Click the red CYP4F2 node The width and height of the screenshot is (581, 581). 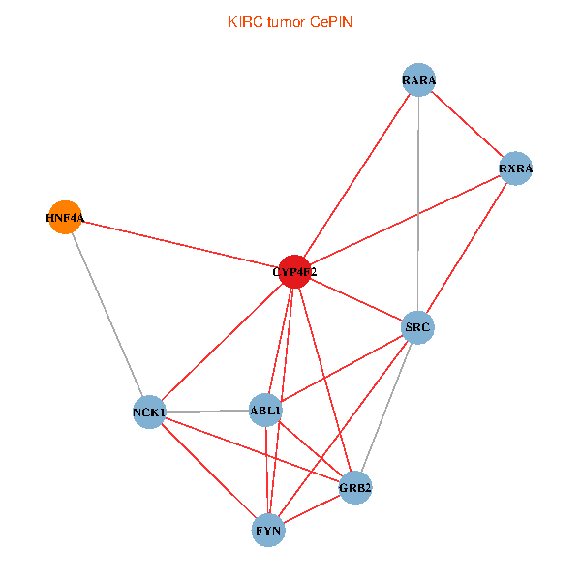pos(294,272)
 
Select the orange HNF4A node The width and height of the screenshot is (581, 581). pos(64,218)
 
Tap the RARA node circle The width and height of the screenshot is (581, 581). pos(419,80)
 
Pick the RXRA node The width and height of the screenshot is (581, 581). pos(515,168)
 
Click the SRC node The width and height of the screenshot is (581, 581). pos(417,327)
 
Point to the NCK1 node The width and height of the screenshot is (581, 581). pos(149,413)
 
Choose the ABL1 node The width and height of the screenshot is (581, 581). pos(265,411)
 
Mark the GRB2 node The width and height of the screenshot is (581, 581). pos(354,487)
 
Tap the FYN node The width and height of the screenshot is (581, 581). pos(268,530)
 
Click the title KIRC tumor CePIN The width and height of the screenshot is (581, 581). pos(290,21)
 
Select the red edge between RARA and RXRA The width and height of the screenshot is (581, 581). pos(468,125)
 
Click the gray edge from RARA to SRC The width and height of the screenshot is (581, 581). pos(418,203)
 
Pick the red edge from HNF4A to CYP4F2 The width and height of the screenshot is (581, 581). pos(179,245)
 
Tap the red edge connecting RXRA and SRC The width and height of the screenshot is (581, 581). pos(467,248)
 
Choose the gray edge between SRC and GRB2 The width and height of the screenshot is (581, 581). pos(386,407)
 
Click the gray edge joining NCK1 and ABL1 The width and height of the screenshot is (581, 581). pos(207,412)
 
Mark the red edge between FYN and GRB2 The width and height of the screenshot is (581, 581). pos(312,508)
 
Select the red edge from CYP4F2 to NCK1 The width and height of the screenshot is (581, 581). pos(222,342)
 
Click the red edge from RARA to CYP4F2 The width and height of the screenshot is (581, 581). pos(356,176)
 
